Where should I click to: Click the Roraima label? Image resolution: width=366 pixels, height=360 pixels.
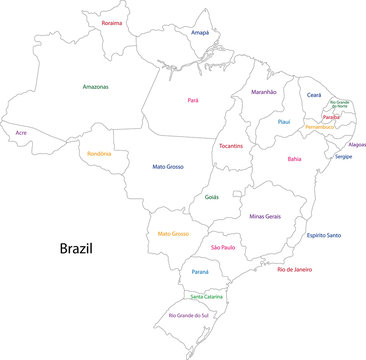112,22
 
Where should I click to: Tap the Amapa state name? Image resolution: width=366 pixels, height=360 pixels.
201,33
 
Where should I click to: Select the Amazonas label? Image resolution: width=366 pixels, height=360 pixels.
96,87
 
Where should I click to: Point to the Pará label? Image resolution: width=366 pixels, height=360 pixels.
194,100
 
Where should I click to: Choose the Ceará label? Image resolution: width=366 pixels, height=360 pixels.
314,94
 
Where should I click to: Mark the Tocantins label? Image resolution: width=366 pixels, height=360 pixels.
231,146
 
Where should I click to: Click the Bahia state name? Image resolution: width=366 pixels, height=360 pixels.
294,158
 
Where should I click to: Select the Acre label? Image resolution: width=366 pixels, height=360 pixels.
21,132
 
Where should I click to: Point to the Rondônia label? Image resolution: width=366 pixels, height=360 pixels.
101,153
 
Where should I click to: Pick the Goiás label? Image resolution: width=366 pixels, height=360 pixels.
211,197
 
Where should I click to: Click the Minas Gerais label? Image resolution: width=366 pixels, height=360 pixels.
267,215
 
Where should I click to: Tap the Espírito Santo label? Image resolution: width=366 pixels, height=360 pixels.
324,235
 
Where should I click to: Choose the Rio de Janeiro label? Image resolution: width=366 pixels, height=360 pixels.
295,269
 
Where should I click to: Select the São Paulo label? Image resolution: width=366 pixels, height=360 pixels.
225,246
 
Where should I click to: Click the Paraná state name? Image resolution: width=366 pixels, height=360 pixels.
200,270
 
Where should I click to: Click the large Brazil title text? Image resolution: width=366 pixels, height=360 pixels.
75,247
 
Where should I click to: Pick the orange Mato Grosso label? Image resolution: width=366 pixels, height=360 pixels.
173,233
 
